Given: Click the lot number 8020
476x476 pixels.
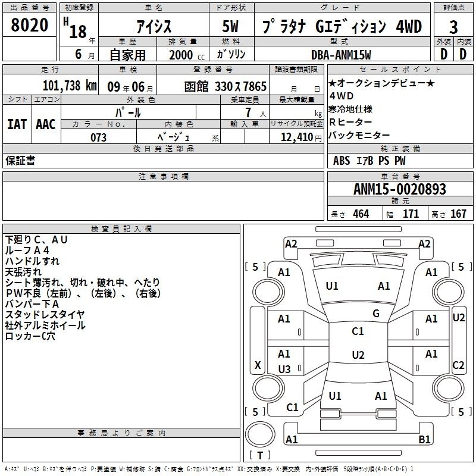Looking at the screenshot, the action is point(29,25).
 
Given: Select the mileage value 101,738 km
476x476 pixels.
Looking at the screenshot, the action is point(70,86).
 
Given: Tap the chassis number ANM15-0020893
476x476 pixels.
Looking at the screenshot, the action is point(400,189).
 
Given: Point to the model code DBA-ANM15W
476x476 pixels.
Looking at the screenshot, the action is point(341,55).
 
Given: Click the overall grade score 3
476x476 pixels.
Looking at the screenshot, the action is point(453,27).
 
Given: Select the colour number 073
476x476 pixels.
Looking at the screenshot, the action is point(98,137).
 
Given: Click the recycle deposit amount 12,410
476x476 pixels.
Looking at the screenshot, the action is point(296,137).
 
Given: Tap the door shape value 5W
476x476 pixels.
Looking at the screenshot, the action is point(230,26).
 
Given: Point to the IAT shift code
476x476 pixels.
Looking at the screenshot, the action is point(17,124).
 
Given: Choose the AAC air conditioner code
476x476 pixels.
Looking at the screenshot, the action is point(46,124).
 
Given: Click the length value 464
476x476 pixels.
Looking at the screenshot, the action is point(361,214).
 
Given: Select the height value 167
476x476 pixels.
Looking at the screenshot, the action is point(458,214).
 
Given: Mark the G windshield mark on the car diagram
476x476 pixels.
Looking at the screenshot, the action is point(376,314).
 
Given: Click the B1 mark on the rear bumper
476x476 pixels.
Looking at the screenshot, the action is point(424,439).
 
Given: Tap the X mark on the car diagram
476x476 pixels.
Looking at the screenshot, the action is point(258,365).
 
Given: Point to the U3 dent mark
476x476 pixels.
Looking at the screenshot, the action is point(284,369).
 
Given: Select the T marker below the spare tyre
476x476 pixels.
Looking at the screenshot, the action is point(260,455).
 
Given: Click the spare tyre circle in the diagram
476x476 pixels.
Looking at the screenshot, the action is point(260,434).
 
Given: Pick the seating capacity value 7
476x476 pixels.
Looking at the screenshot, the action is point(248,112).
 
